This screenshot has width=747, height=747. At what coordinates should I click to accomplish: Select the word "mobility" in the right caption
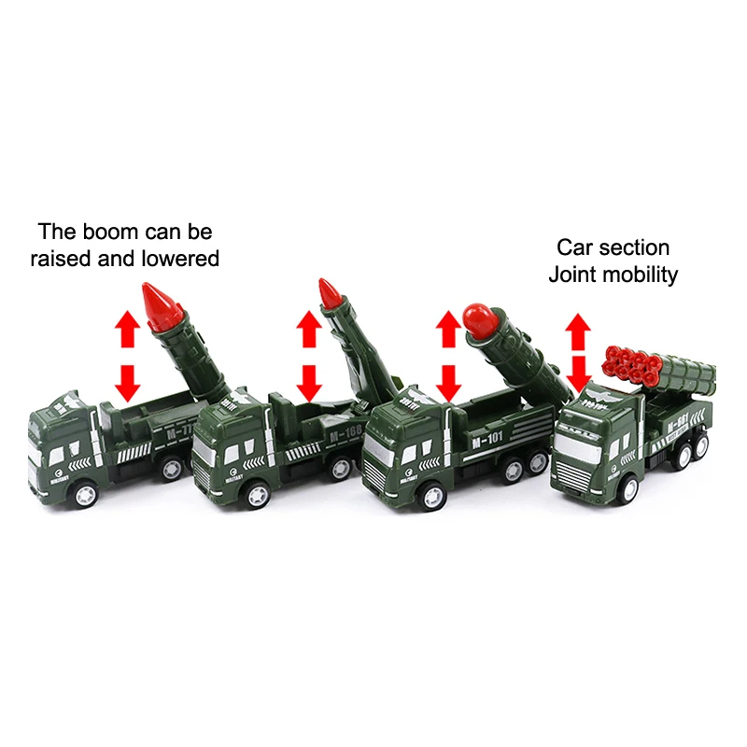pos(644,275)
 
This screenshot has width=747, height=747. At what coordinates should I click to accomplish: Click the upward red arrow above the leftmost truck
pos(127,327)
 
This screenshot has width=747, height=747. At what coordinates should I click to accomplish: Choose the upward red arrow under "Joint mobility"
pos(579,330)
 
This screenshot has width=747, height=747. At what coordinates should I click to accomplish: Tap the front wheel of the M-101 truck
pos(430,496)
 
